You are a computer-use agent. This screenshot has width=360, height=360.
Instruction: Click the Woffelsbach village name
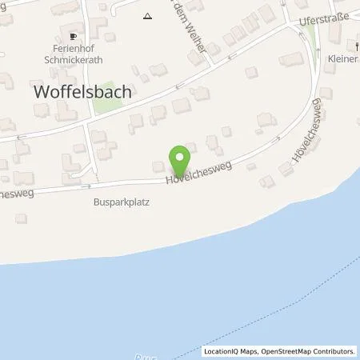[83, 92]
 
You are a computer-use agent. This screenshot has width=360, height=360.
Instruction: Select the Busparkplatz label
[120, 203]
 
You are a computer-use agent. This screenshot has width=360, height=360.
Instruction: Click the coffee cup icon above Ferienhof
[74, 36]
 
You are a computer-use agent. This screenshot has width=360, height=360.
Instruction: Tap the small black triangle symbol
[147, 15]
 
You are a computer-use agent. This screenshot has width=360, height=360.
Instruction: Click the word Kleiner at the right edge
[342, 59]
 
